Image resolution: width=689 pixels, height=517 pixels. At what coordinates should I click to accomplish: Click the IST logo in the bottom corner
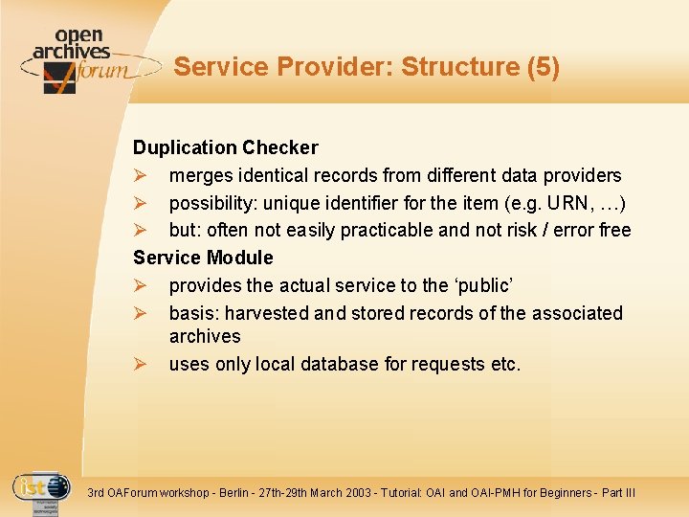point(41,489)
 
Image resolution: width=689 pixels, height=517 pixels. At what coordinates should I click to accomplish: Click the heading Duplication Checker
point(226,147)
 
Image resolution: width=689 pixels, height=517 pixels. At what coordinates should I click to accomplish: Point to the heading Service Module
point(203,258)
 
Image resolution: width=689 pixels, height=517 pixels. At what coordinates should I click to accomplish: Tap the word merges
point(200,175)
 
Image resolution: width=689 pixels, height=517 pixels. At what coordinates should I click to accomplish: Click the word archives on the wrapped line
point(205,336)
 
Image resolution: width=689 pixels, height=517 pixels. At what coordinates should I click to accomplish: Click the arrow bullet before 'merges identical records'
point(140,176)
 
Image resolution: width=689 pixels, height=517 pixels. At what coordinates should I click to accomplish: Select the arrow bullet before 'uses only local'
point(140,365)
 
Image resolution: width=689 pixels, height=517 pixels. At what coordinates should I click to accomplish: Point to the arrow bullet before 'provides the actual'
point(140,286)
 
